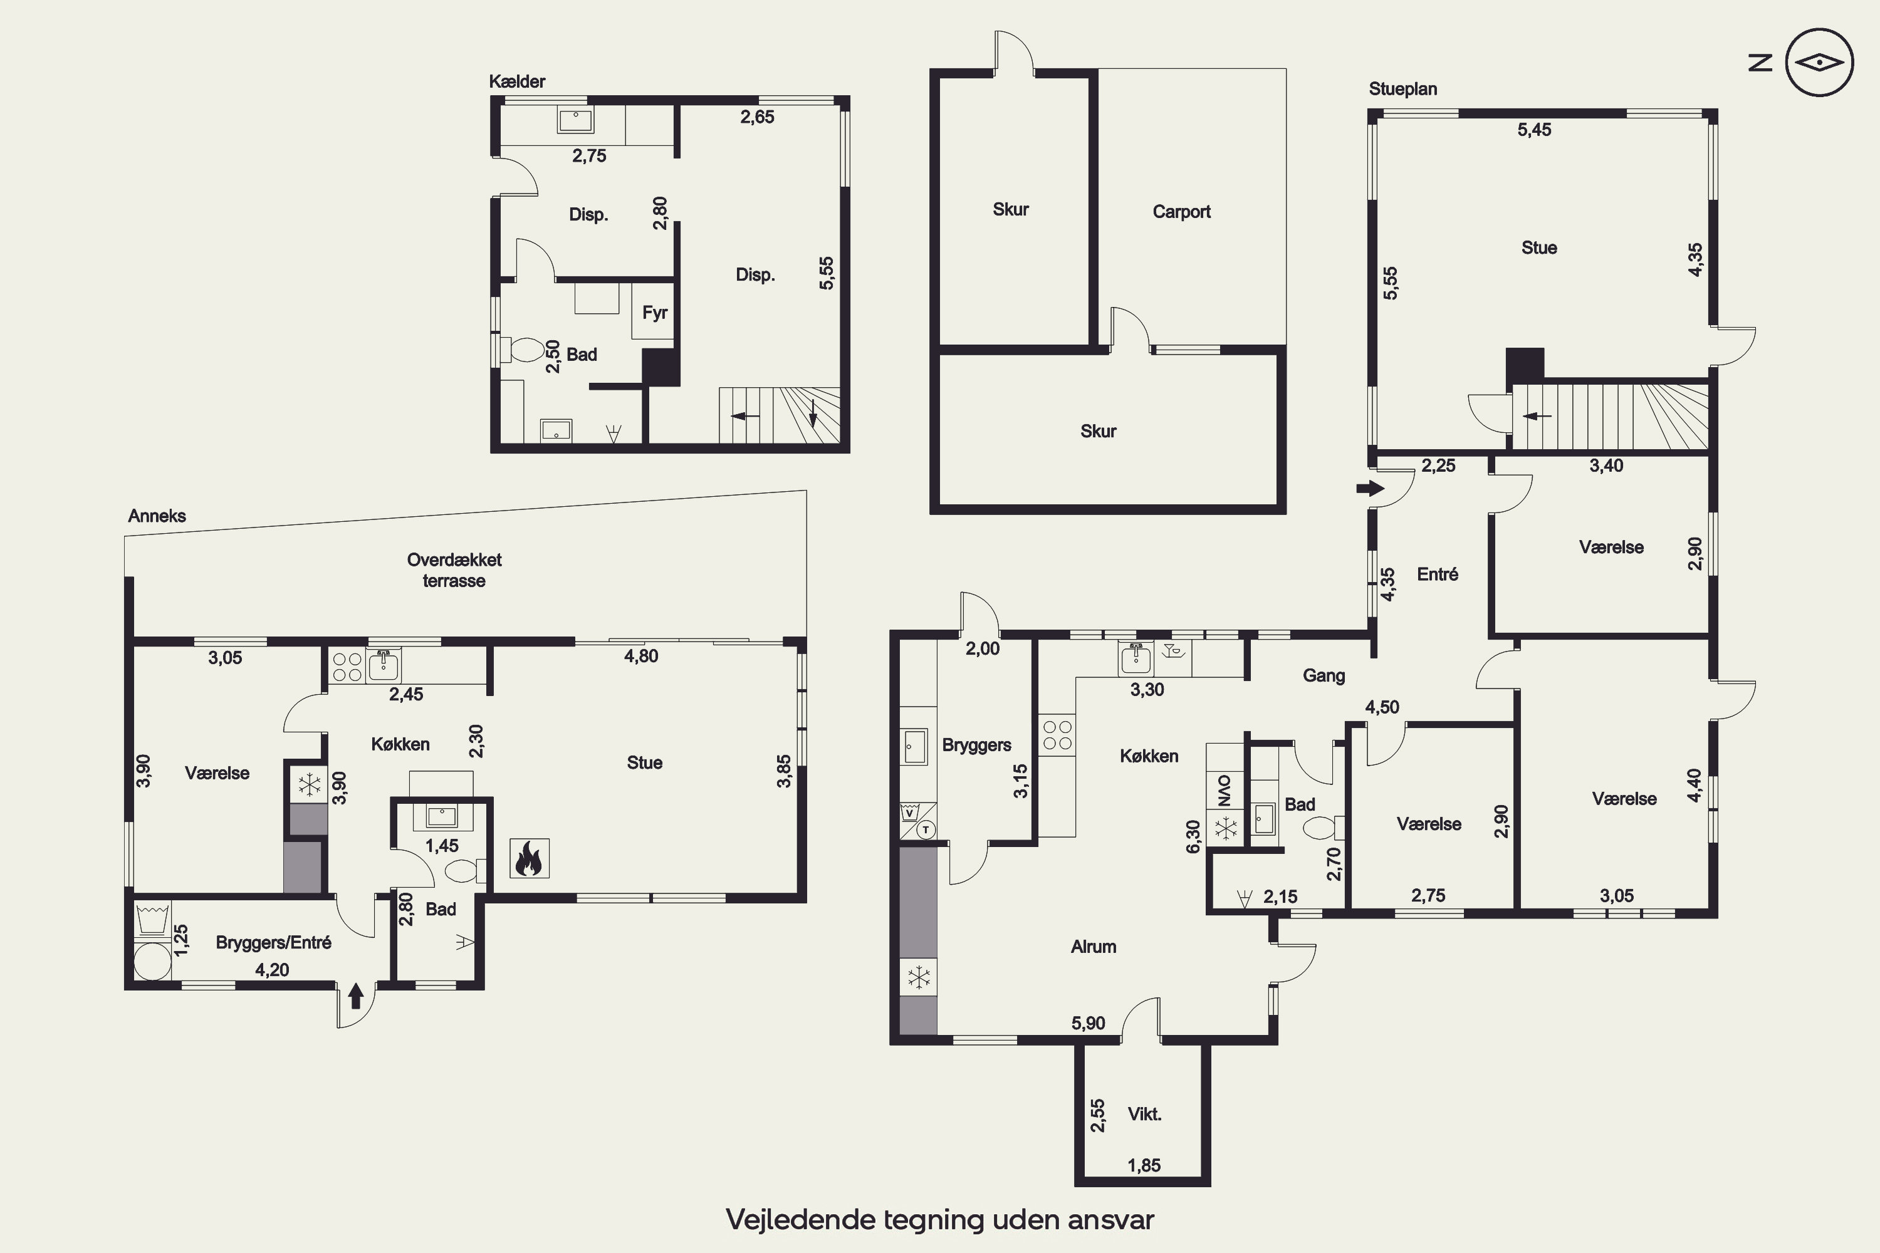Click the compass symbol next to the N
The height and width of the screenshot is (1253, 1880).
1819,62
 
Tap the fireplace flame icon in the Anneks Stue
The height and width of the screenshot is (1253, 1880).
529,858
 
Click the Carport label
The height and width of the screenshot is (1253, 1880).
1181,212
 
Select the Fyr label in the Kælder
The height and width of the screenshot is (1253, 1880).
655,313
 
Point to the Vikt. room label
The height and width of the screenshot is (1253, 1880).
1144,1114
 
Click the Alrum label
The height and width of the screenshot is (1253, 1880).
1094,947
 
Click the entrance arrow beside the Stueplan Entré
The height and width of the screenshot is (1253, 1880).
1370,488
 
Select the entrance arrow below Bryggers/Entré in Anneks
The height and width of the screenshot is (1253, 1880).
357,996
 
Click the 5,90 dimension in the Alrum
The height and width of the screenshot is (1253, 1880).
1088,1024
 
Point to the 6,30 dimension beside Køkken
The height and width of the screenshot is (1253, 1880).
1193,836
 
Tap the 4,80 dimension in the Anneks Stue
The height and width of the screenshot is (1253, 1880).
641,656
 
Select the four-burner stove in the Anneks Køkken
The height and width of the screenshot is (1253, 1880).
348,667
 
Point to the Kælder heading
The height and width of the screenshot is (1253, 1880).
517,81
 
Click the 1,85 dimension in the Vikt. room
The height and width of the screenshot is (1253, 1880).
1144,1166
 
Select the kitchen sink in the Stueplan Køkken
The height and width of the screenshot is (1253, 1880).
1135,658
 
